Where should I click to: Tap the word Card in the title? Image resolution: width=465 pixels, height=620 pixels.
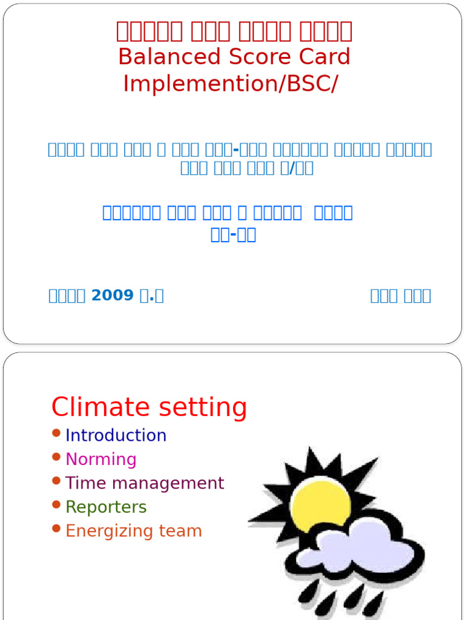click(323, 57)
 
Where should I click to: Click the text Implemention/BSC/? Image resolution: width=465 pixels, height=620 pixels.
click(231, 84)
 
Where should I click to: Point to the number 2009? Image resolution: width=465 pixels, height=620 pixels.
click(112, 295)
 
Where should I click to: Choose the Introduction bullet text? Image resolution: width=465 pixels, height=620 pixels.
click(116, 435)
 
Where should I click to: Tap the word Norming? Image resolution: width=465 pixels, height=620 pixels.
click(101, 459)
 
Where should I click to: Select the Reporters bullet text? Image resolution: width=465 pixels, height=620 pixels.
click(106, 507)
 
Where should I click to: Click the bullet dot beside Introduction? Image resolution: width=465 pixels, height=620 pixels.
click(56, 433)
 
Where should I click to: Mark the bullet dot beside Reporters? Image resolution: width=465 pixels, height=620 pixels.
click(56, 504)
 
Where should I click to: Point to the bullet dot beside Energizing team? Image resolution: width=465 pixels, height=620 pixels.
click(56, 529)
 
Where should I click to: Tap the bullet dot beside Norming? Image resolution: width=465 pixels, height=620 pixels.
click(56, 457)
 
